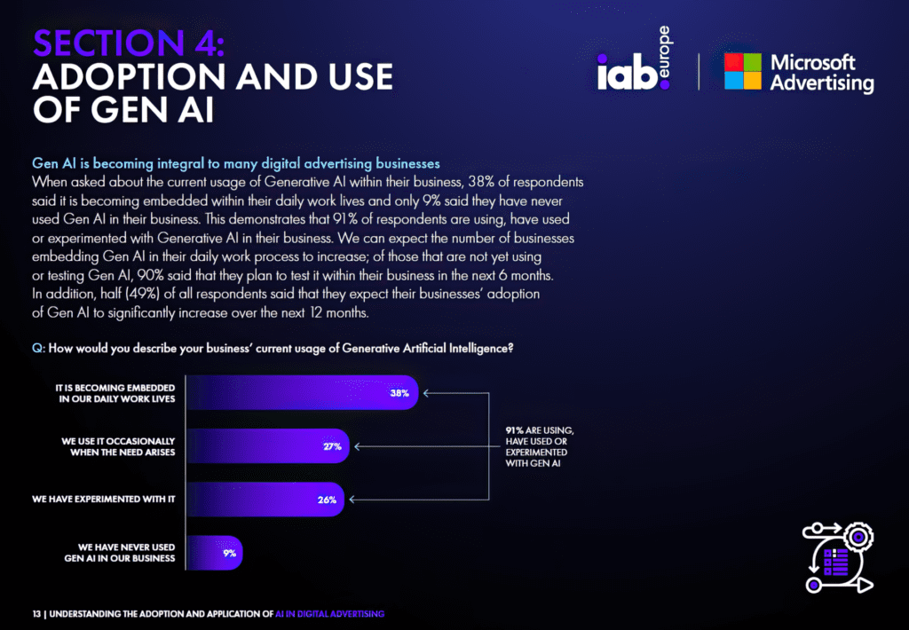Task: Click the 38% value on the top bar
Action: pyautogui.click(x=399, y=393)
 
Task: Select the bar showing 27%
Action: pyautogui.click(x=268, y=445)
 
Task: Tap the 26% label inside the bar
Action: pyautogui.click(x=327, y=500)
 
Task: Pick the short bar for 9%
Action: pyautogui.click(x=215, y=553)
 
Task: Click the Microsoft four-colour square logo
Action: pyautogui.click(x=743, y=71)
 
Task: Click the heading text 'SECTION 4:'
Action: pyautogui.click(x=129, y=43)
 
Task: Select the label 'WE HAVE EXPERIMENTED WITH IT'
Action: pyautogui.click(x=103, y=499)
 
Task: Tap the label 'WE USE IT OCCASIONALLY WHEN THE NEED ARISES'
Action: pyautogui.click(x=118, y=446)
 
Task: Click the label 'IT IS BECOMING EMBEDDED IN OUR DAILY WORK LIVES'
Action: pyautogui.click(x=115, y=393)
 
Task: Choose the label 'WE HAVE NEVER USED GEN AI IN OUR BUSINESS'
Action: pyautogui.click(x=120, y=552)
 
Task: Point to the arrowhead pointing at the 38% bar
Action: pyautogui.click(x=426, y=393)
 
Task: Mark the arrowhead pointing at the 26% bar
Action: pyautogui.click(x=352, y=500)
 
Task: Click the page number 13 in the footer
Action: pyautogui.click(x=36, y=614)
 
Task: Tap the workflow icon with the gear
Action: pyautogui.click(x=838, y=557)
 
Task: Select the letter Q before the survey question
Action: pyautogui.click(x=37, y=349)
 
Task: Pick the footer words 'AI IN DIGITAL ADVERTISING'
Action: pyautogui.click(x=330, y=614)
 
